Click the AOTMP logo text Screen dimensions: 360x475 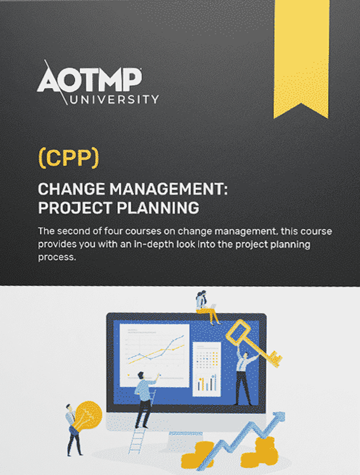(90, 80)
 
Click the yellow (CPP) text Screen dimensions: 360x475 (69, 158)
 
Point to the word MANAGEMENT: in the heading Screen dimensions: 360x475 (168, 189)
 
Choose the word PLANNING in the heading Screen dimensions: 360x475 (158, 208)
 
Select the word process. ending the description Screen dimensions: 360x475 (57, 257)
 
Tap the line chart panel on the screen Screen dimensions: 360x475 (154, 355)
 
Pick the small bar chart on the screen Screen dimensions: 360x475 (207, 382)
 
